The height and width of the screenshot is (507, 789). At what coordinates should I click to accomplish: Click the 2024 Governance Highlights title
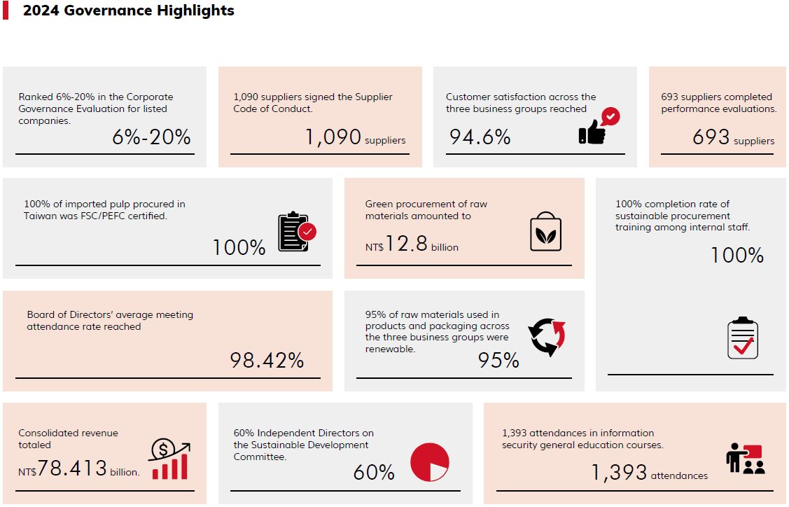[128, 11]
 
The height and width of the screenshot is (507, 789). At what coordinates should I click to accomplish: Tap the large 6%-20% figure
[151, 137]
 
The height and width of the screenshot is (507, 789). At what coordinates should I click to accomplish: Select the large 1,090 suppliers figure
[354, 137]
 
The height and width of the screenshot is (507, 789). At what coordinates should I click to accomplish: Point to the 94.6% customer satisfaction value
[480, 137]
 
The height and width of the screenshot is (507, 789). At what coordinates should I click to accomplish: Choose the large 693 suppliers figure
[732, 138]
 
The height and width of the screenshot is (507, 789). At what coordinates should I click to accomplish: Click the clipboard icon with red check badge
[297, 232]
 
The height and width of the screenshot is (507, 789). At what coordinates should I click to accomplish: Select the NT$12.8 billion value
[412, 245]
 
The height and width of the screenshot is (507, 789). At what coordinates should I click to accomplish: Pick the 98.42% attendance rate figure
[267, 361]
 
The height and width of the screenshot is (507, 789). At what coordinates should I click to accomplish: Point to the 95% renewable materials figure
[498, 361]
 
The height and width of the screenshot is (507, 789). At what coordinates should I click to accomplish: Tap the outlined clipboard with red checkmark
[742, 338]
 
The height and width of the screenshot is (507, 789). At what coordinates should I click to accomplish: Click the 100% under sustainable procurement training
[736, 256]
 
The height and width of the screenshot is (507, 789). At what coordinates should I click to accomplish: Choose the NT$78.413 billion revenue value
[79, 469]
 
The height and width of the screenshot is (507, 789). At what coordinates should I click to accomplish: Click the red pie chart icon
[429, 462]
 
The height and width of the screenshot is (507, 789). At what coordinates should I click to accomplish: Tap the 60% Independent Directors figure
[374, 473]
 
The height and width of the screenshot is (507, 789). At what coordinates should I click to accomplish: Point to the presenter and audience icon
[746, 459]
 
